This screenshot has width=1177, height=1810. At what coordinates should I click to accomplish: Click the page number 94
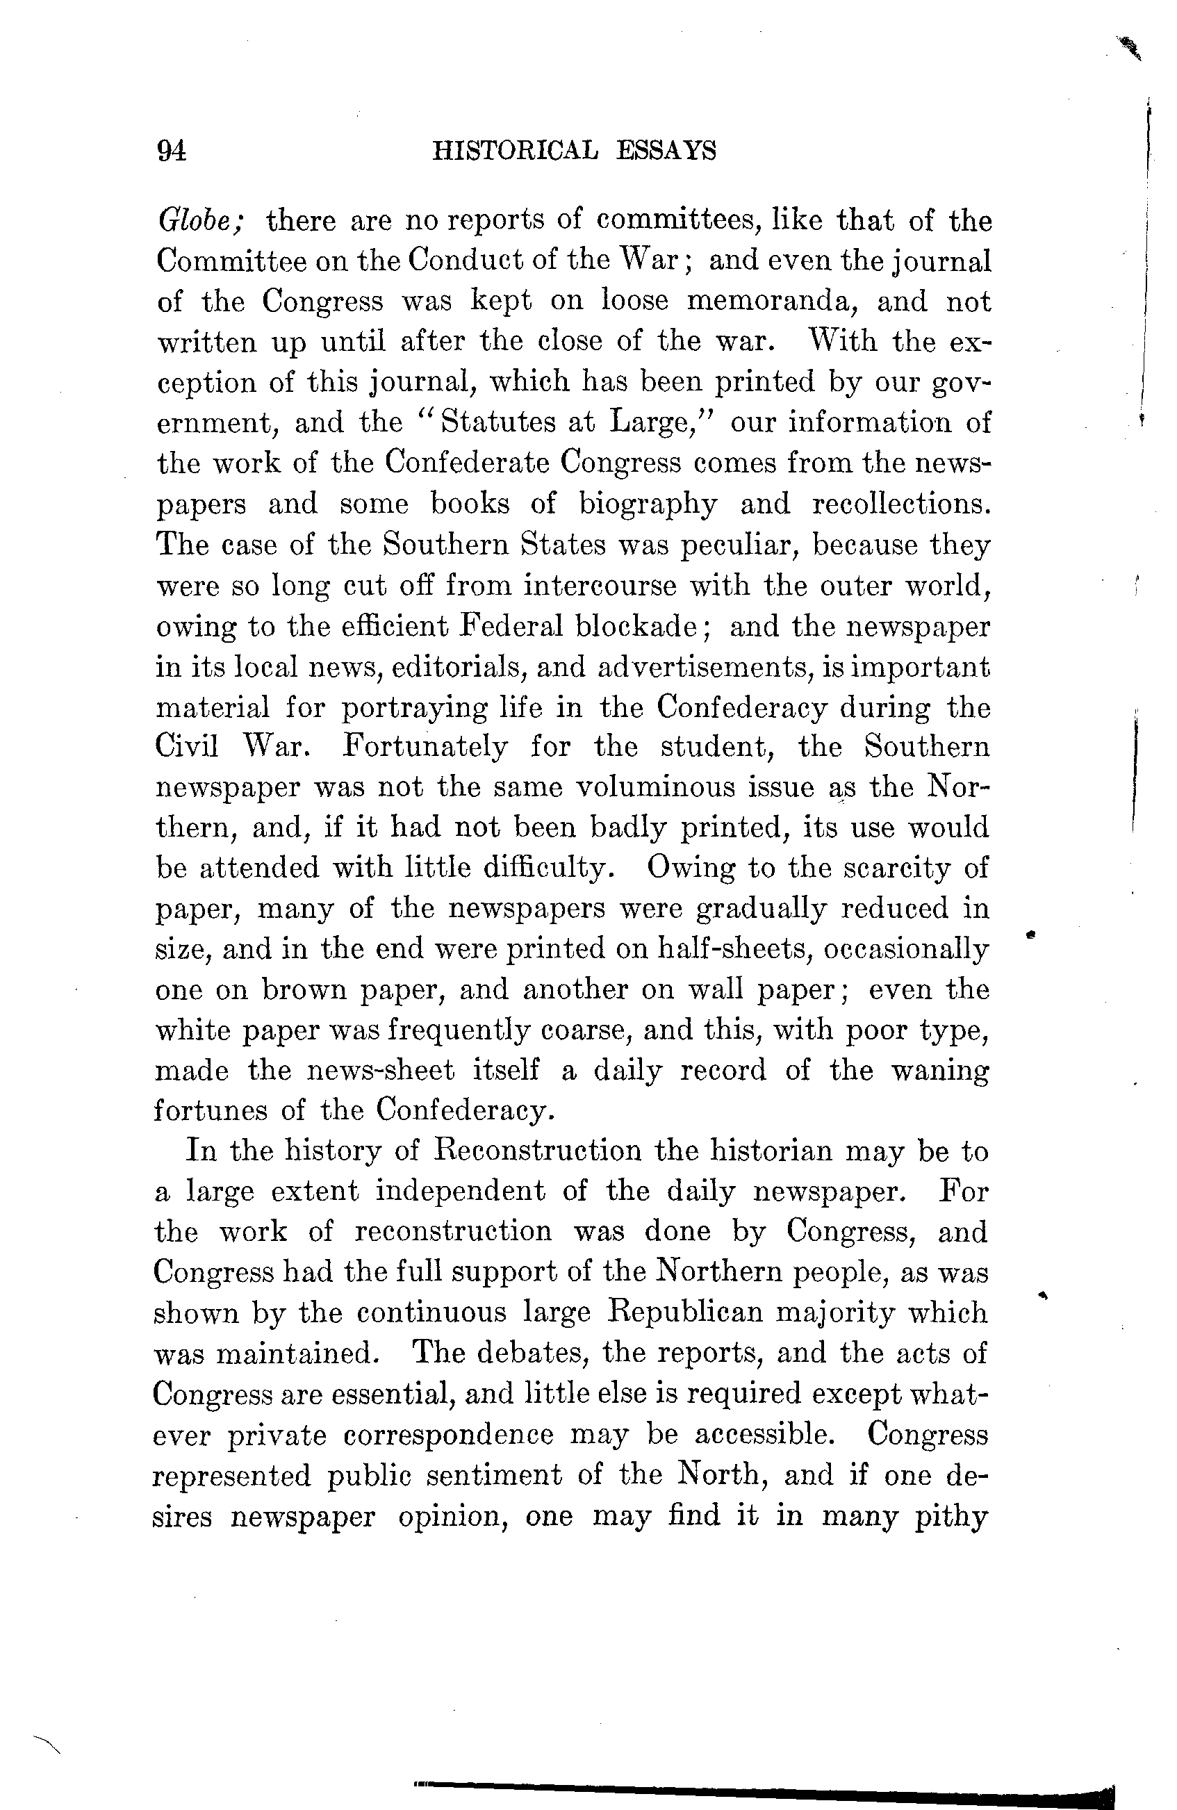click(171, 151)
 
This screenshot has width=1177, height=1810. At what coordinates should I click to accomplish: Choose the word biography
click(648, 504)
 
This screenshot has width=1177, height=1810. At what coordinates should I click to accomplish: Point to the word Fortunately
click(425, 747)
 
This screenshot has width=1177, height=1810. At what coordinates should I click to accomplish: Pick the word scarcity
click(896, 868)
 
